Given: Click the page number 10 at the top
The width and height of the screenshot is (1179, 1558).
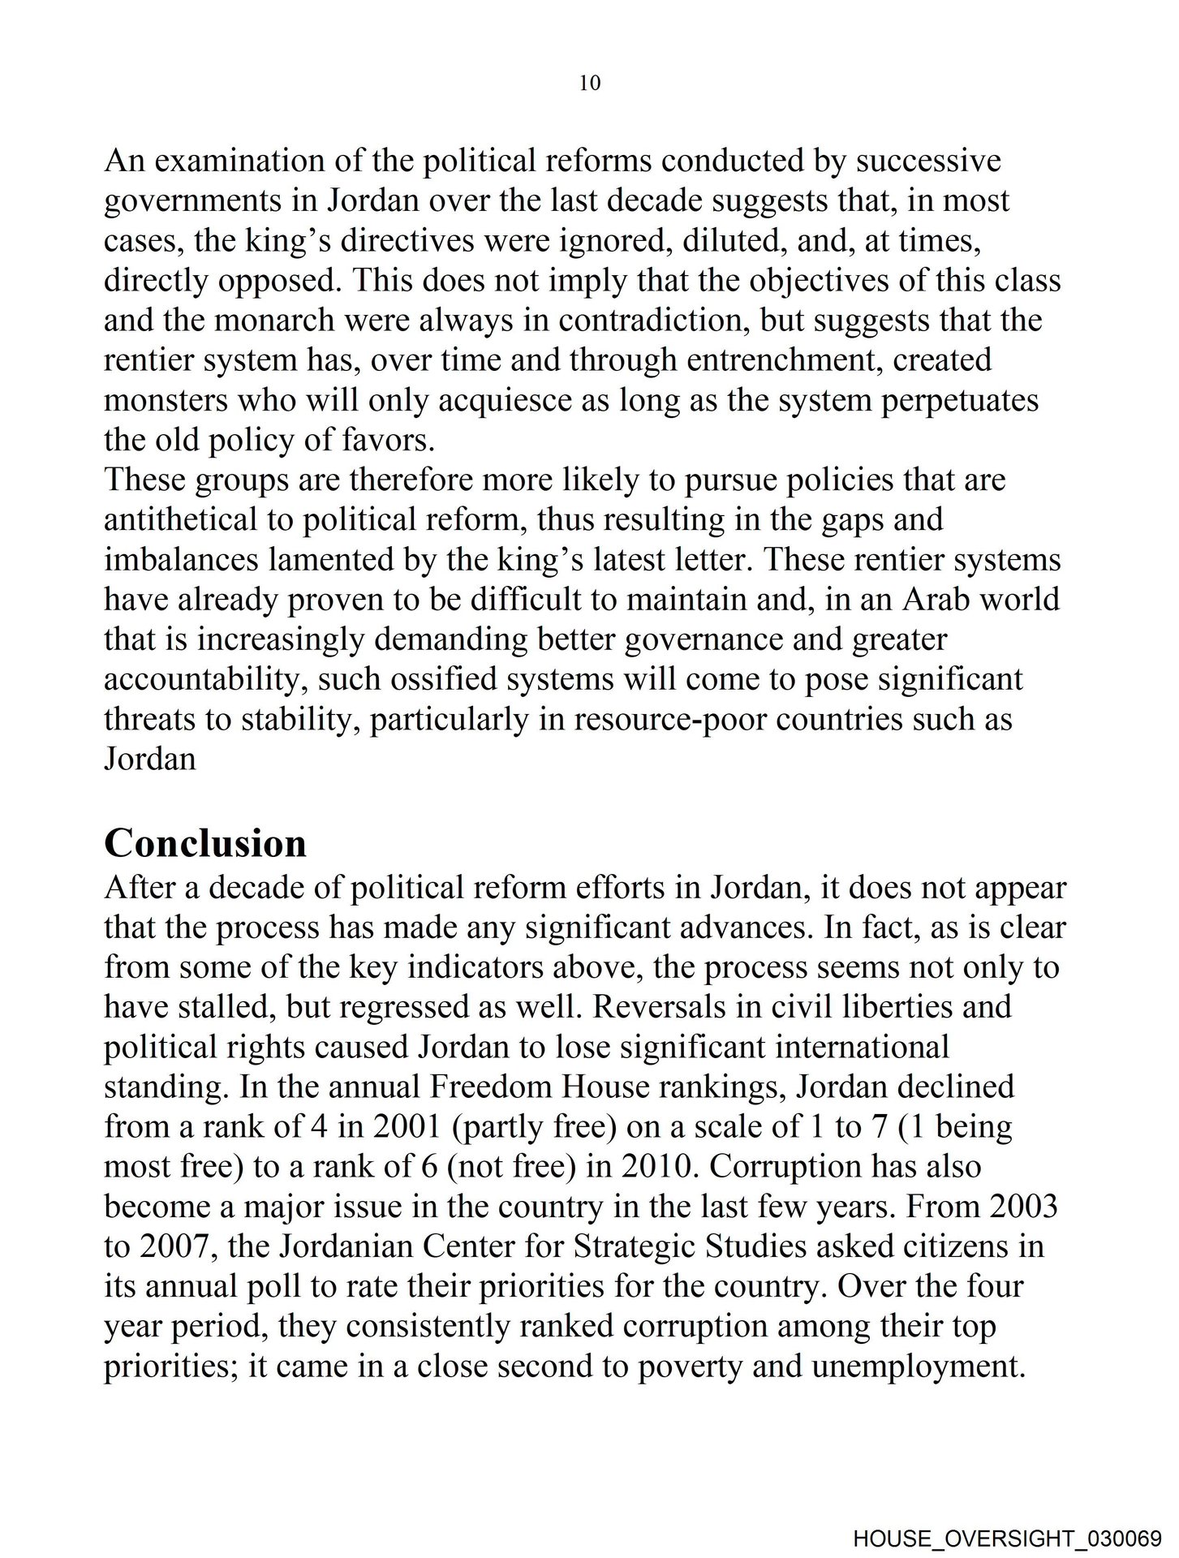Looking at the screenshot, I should (590, 83).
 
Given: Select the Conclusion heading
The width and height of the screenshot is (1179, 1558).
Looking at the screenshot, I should (205, 843).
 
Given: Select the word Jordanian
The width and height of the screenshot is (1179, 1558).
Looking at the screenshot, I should (335, 1246).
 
